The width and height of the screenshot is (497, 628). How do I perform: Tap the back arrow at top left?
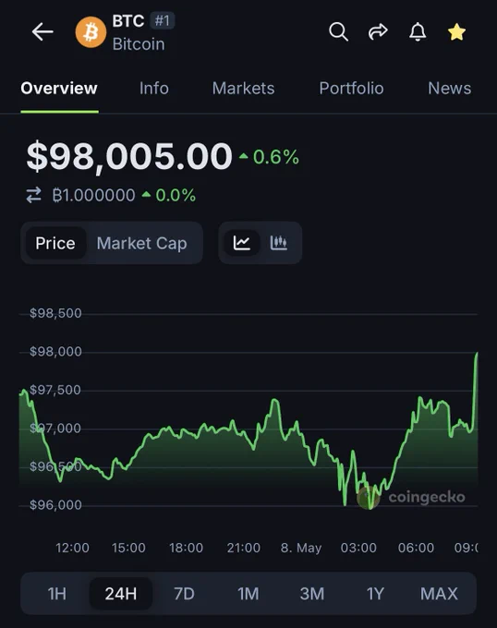pos(42,31)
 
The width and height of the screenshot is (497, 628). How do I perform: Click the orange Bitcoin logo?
pos(91,32)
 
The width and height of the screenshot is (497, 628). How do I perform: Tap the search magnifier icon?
pos(338,31)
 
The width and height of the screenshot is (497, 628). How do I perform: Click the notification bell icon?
pos(418,31)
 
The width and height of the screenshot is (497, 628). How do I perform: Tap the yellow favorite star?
pos(456,32)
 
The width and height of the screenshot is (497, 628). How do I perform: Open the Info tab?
pos(154,88)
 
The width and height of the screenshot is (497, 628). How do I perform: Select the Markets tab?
pos(244,88)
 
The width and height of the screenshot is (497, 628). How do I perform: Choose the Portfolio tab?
pos(351,88)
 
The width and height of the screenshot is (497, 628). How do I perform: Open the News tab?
pos(449,88)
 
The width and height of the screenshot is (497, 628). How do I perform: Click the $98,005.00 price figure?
pos(129,156)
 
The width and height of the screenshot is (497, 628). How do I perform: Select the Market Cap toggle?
pos(141,243)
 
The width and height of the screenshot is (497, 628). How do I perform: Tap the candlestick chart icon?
pos(279,243)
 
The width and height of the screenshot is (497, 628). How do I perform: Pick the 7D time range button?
pos(184,594)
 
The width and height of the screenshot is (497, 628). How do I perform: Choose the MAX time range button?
pos(439,594)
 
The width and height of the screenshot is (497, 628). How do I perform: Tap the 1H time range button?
pos(57,594)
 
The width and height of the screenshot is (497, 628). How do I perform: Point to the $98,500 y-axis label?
pos(55,313)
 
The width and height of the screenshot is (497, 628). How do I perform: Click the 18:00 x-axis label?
pos(187,548)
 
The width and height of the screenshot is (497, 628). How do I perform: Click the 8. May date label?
pos(301,548)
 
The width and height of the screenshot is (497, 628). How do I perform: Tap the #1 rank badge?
pos(163,20)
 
